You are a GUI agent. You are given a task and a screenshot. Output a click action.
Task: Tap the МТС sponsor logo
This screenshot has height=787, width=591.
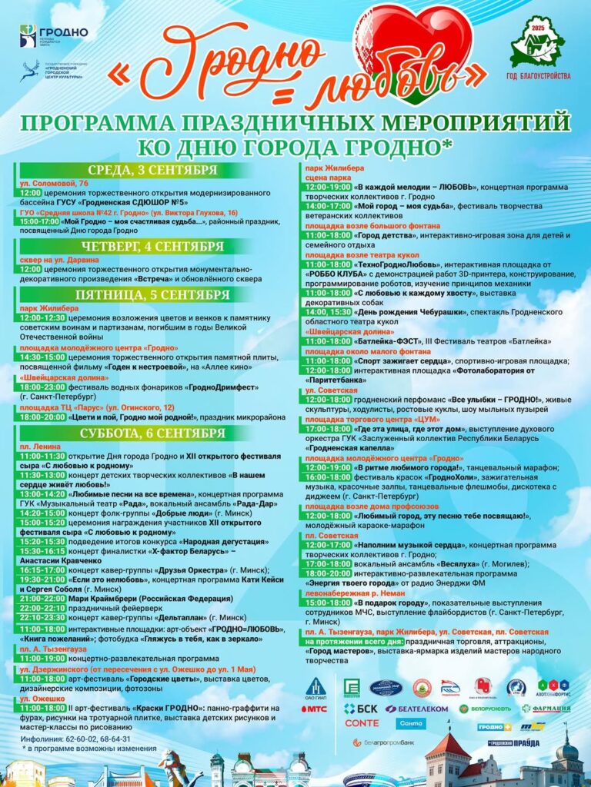[x=317, y=709]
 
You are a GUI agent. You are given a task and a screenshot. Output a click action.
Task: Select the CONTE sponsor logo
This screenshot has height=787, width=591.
[x=362, y=723]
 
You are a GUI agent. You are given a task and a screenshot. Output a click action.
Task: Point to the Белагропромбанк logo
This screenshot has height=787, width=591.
[x=384, y=742]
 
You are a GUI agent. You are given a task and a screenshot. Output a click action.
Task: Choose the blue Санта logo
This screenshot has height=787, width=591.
[x=411, y=723]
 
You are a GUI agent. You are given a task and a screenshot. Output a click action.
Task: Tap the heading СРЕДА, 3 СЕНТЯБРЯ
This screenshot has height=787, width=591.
[x=152, y=170]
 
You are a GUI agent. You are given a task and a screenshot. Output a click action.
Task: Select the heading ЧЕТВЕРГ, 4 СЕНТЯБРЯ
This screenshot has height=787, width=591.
[x=152, y=247]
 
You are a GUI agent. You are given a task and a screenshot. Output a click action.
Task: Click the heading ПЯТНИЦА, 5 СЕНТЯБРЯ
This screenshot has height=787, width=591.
[x=152, y=295]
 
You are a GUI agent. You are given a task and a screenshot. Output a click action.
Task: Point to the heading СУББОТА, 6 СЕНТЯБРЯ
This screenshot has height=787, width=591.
[x=152, y=433]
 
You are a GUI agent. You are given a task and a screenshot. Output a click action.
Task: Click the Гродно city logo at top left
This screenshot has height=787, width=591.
[x=54, y=35]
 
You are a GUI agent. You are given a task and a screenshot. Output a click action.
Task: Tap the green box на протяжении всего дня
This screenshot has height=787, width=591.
[x=343, y=641]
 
